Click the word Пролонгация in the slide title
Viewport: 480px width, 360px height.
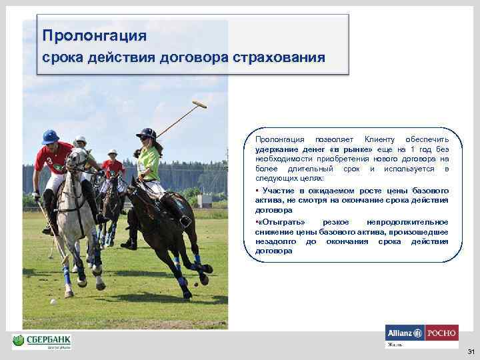click(94, 35)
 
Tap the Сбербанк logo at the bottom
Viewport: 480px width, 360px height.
click(41, 342)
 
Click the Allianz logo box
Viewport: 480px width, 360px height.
click(405, 333)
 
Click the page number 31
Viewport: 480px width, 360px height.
click(471, 351)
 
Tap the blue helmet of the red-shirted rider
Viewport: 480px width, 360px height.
click(51, 137)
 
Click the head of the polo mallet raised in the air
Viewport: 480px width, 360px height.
click(199, 105)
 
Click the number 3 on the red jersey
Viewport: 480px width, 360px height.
click(49, 161)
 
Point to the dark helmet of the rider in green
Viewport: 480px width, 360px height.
click(146, 133)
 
